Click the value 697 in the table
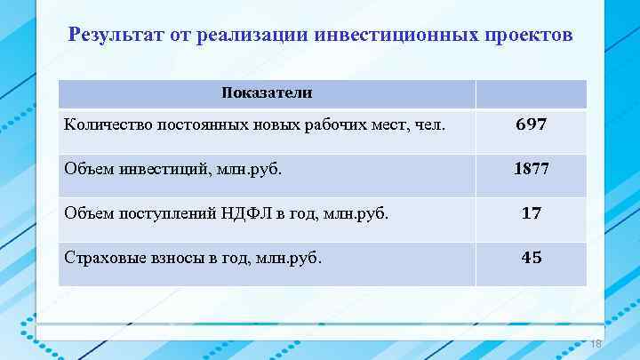click(531, 125)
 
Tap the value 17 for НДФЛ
click(532, 213)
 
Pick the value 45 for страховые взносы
click(532, 258)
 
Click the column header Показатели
click(267, 92)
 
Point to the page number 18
click(596, 345)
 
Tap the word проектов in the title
click(531, 36)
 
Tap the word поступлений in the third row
click(163, 213)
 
